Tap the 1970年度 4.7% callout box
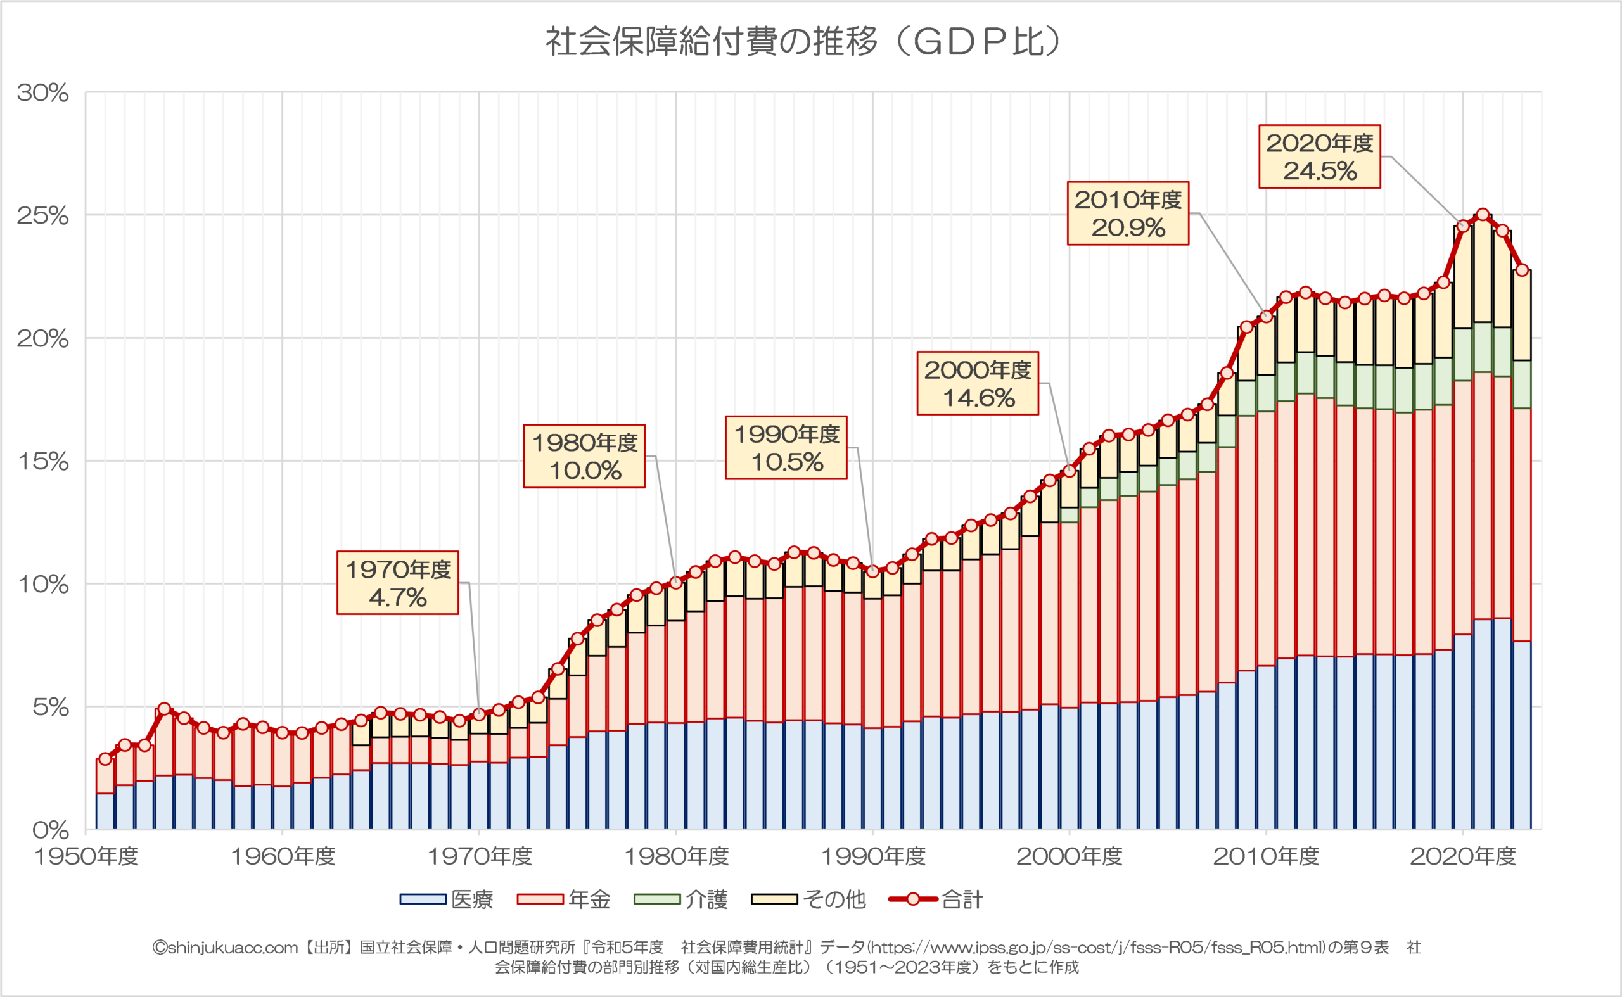pyautogui.click(x=398, y=583)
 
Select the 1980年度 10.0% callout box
pyautogui.click(x=584, y=456)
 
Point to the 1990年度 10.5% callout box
pyautogui.click(x=786, y=448)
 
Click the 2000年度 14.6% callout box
pyautogui.click(x=978, y=383)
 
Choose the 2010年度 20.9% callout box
pyautogui.click(x=1128, y=213)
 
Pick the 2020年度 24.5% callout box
pyautogui.click(x=1319, y=157)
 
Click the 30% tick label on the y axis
pyautogui.click(x=43, y=93)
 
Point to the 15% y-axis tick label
pyautogui.click(x=43, y=462)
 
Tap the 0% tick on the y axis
pyautogui.click(x=50, y=830)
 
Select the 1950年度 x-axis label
pyautogui.click(x=86, y=856)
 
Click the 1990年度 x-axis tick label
pyautogui.click(x=872, y=856)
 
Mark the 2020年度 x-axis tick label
pyautogui.click(x=1463, y=856)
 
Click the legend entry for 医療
pyautogui.click(x=447, y=899)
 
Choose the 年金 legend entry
pyautogui.click(x=564, y=899)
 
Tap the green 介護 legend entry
pyautogui.click(x=680, y=899)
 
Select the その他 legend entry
pyautogui.click(x=808, y=899)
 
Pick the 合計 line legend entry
pyautogui.click(x=936, y=899)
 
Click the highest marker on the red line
pyautogui.click(x=1483, y=214)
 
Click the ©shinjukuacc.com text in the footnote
pyautogui.click(x=225, y=948)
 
